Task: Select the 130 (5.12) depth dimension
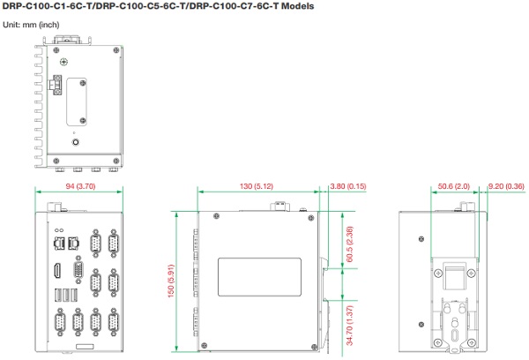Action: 257,186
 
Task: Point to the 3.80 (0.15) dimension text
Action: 348,186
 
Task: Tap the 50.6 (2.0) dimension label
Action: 454,186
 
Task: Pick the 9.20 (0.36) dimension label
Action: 506,186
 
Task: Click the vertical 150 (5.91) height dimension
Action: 171,281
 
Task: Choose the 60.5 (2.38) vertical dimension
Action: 349,244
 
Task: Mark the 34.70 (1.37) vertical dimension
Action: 349,326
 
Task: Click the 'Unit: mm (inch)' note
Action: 31,25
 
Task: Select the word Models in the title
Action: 298,6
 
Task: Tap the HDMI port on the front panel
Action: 57,271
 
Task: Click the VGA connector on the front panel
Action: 78,269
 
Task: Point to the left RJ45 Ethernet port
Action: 59,244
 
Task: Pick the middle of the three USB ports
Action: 66,296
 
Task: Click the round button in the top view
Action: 76,142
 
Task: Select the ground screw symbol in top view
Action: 63,62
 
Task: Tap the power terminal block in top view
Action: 56,85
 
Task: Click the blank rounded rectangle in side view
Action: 259,277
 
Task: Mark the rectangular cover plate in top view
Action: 77,101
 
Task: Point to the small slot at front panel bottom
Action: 85,347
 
